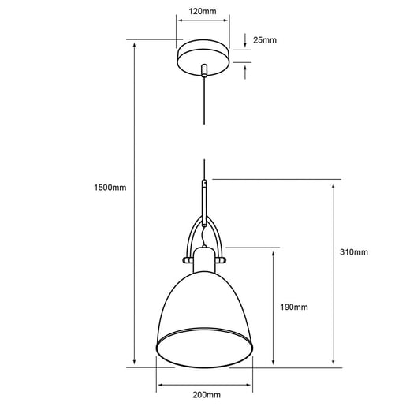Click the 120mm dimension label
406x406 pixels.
tap(203, 11)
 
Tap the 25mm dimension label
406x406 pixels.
tap(265, 40)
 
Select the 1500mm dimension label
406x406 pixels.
tap(110, 188)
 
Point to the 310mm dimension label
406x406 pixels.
tap(354, 252)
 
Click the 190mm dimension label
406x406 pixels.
tap(294, 307)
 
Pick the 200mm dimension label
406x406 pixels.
tap(207, 395)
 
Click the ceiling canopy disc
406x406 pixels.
tap(204, 58)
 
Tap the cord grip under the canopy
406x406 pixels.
tap(204, 70)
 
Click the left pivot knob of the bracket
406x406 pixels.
tap(188, 260)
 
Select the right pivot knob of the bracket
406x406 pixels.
tap(222, 260)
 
